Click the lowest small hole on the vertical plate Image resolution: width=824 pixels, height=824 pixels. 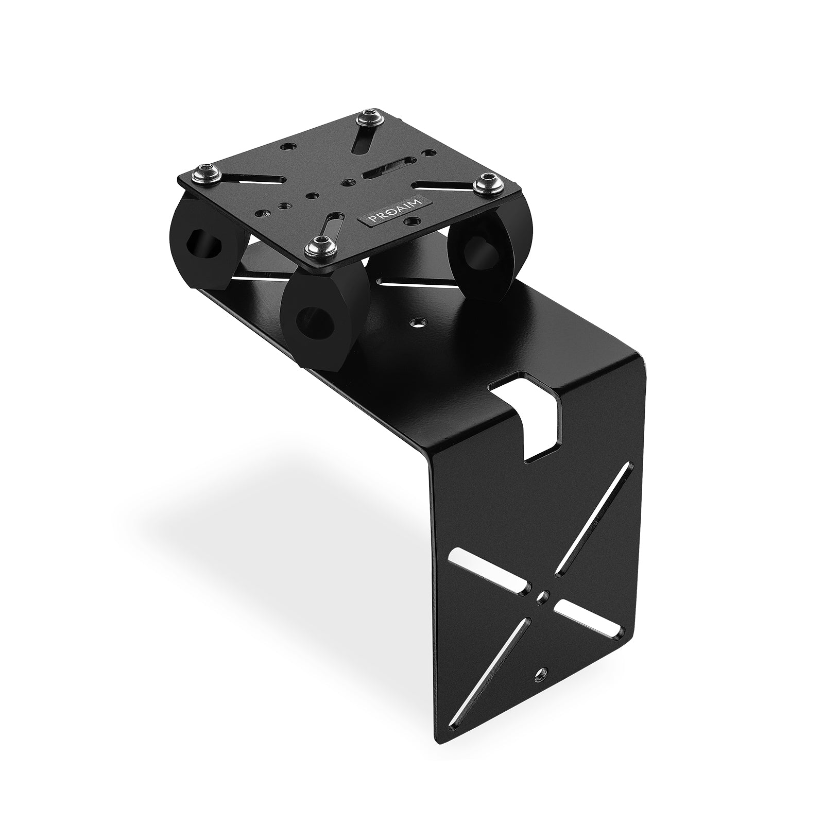541,672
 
